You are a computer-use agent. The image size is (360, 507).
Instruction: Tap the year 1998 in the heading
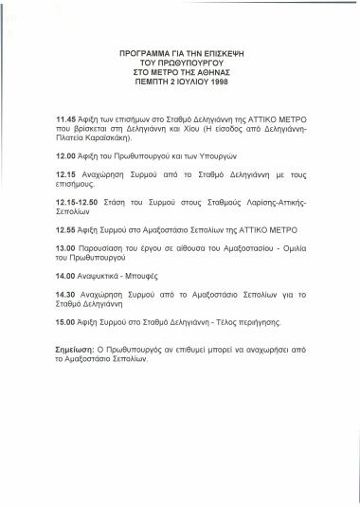[x=220, y=81]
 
